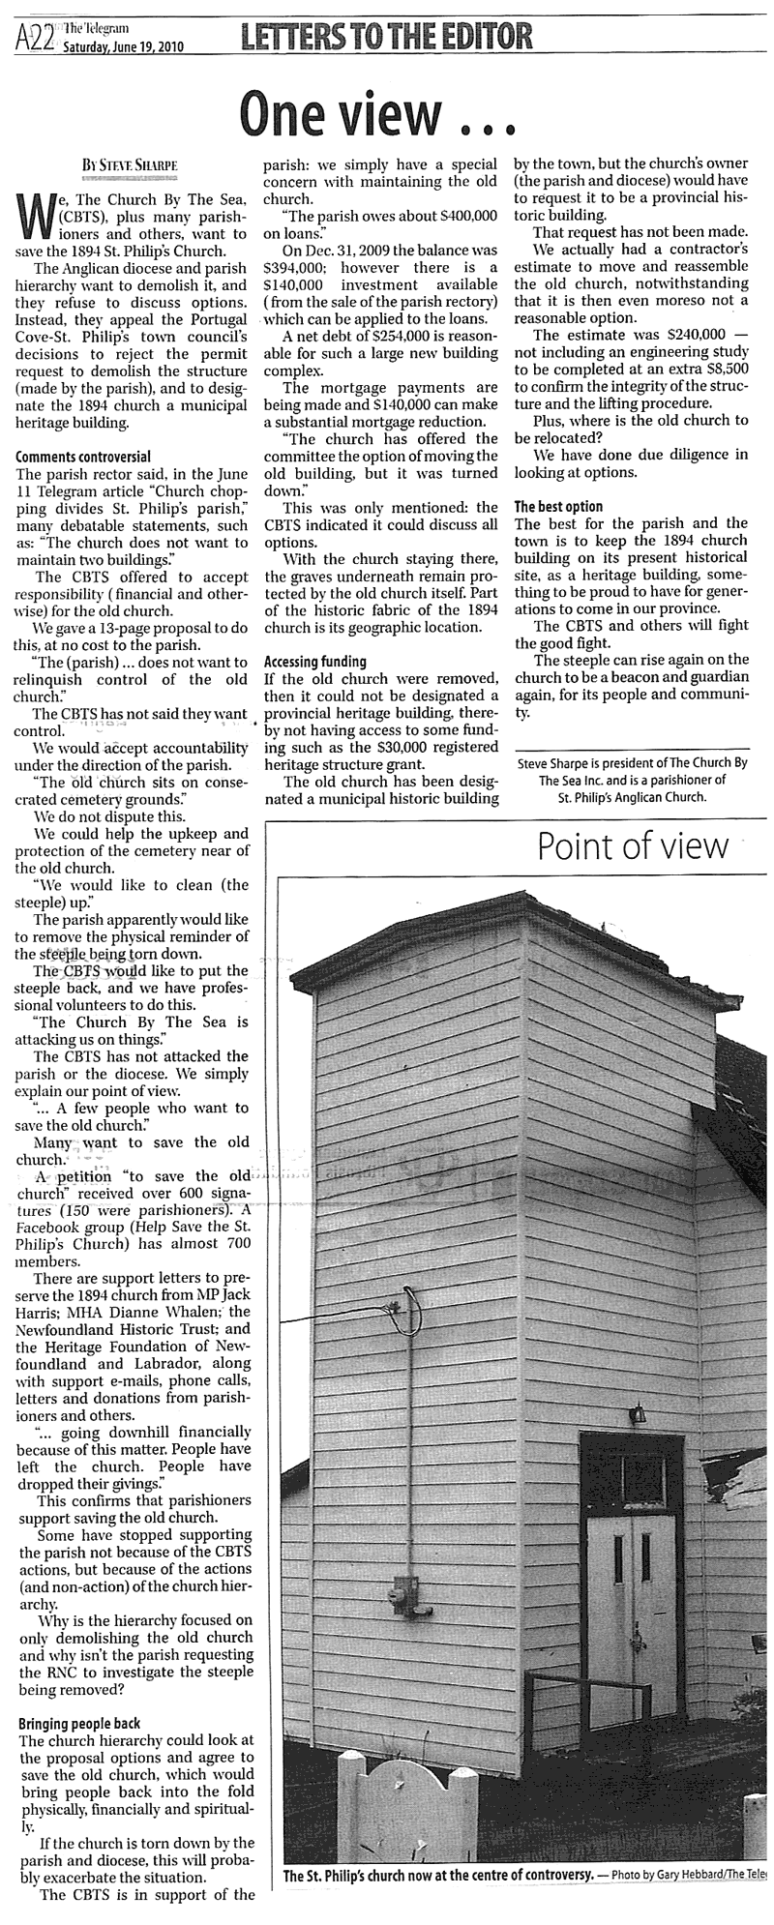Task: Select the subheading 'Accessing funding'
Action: (x=315, y=662)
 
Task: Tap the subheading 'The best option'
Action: (x=558, y=506)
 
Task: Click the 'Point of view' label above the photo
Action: (x=633, y=846)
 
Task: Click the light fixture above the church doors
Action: (x=638, y=1414)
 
